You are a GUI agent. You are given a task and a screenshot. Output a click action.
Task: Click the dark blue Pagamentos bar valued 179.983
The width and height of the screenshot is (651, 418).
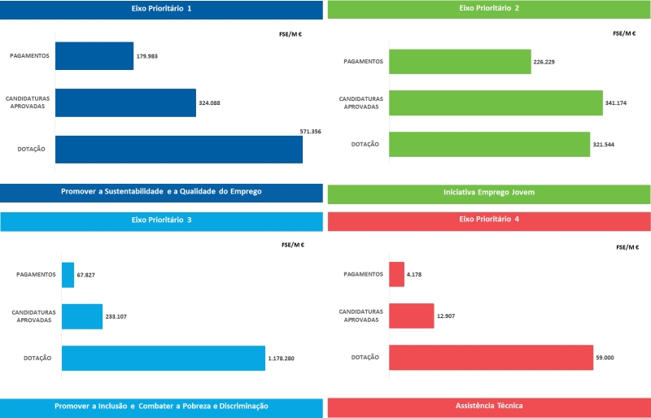pyautogui.click(x=94, y=56)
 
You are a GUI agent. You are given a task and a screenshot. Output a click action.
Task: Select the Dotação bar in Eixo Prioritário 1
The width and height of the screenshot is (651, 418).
pyautogui.click(x=178, y=149)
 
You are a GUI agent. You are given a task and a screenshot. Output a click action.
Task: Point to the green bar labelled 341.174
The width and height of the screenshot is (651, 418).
pyautogui.click(x=496, y=103)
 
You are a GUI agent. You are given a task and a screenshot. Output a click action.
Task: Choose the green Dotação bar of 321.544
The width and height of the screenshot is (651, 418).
pyautogui.click(x=489, y=144)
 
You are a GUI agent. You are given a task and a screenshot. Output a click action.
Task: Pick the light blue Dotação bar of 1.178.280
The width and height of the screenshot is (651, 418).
pyautogui.click(x=163, y=359)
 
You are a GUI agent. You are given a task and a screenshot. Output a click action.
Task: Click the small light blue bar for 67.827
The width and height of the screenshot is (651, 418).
pyautogui.click(x=68, y=275)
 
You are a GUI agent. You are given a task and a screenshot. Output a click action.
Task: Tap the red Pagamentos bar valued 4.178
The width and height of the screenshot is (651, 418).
pyautogui.click(x=396, y=274)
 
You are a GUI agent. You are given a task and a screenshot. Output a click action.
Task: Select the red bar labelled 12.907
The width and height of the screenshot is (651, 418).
pyautogui.click(x=411, y=316)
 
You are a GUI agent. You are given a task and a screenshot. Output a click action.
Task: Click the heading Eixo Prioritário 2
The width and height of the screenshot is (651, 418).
pyautogui.click(x=489, y=8)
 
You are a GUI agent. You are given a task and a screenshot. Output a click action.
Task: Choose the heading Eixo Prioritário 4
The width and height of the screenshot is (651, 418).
pyautogui.click(x=489, y=220)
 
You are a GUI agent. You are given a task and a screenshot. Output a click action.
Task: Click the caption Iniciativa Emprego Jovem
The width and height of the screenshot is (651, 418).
pyautogui.click(x=489, y=193)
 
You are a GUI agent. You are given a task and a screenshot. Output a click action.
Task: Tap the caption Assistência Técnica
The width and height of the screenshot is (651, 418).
pyautogui.click(x=489, y=405)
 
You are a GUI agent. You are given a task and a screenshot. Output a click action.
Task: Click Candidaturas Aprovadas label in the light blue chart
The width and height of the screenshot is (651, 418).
pyautogui.click(x=33, y=316)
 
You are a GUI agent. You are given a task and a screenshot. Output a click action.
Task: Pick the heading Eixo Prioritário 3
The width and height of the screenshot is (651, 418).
pyautogui.click(x=161, y=220)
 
